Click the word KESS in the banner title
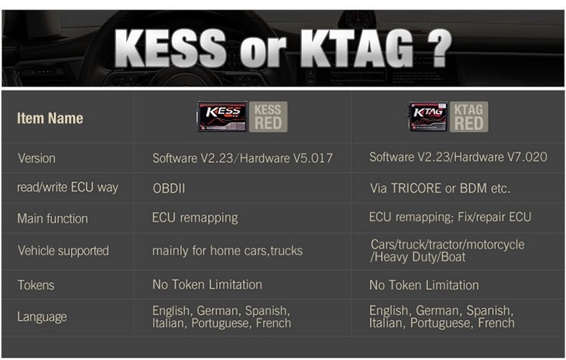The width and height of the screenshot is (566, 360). [x=171, y=48]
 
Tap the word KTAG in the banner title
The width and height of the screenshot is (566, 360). [x=357, y=48]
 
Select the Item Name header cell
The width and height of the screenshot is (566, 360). [x=50, y=118]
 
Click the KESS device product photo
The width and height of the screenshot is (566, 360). [x=223, y=117]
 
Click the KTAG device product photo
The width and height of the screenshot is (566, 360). [x=428, y=117]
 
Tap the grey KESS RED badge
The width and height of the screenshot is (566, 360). [x=268, y=117]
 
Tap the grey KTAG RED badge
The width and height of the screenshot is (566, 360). [x=469, y=117]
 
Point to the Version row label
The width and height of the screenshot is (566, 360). [x=36, y=158]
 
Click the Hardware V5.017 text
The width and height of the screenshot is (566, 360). [x=286, y=158]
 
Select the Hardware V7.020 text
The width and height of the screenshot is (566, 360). [x=500, y=157]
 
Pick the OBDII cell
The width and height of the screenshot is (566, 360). [x=168, y=188]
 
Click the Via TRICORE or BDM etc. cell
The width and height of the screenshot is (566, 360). [x=440, y=188]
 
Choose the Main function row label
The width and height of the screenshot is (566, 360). [x=53, y=218]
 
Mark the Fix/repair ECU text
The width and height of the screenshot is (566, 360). [x=494, y=217]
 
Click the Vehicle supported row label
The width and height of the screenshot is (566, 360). [x=63, y=251]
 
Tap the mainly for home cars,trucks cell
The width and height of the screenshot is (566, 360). [x=227, y=251]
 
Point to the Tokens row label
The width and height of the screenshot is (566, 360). [x=36, y=285]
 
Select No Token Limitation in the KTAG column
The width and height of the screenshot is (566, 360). [x=424, y=285]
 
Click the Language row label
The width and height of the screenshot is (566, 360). [x=42, y=317]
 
